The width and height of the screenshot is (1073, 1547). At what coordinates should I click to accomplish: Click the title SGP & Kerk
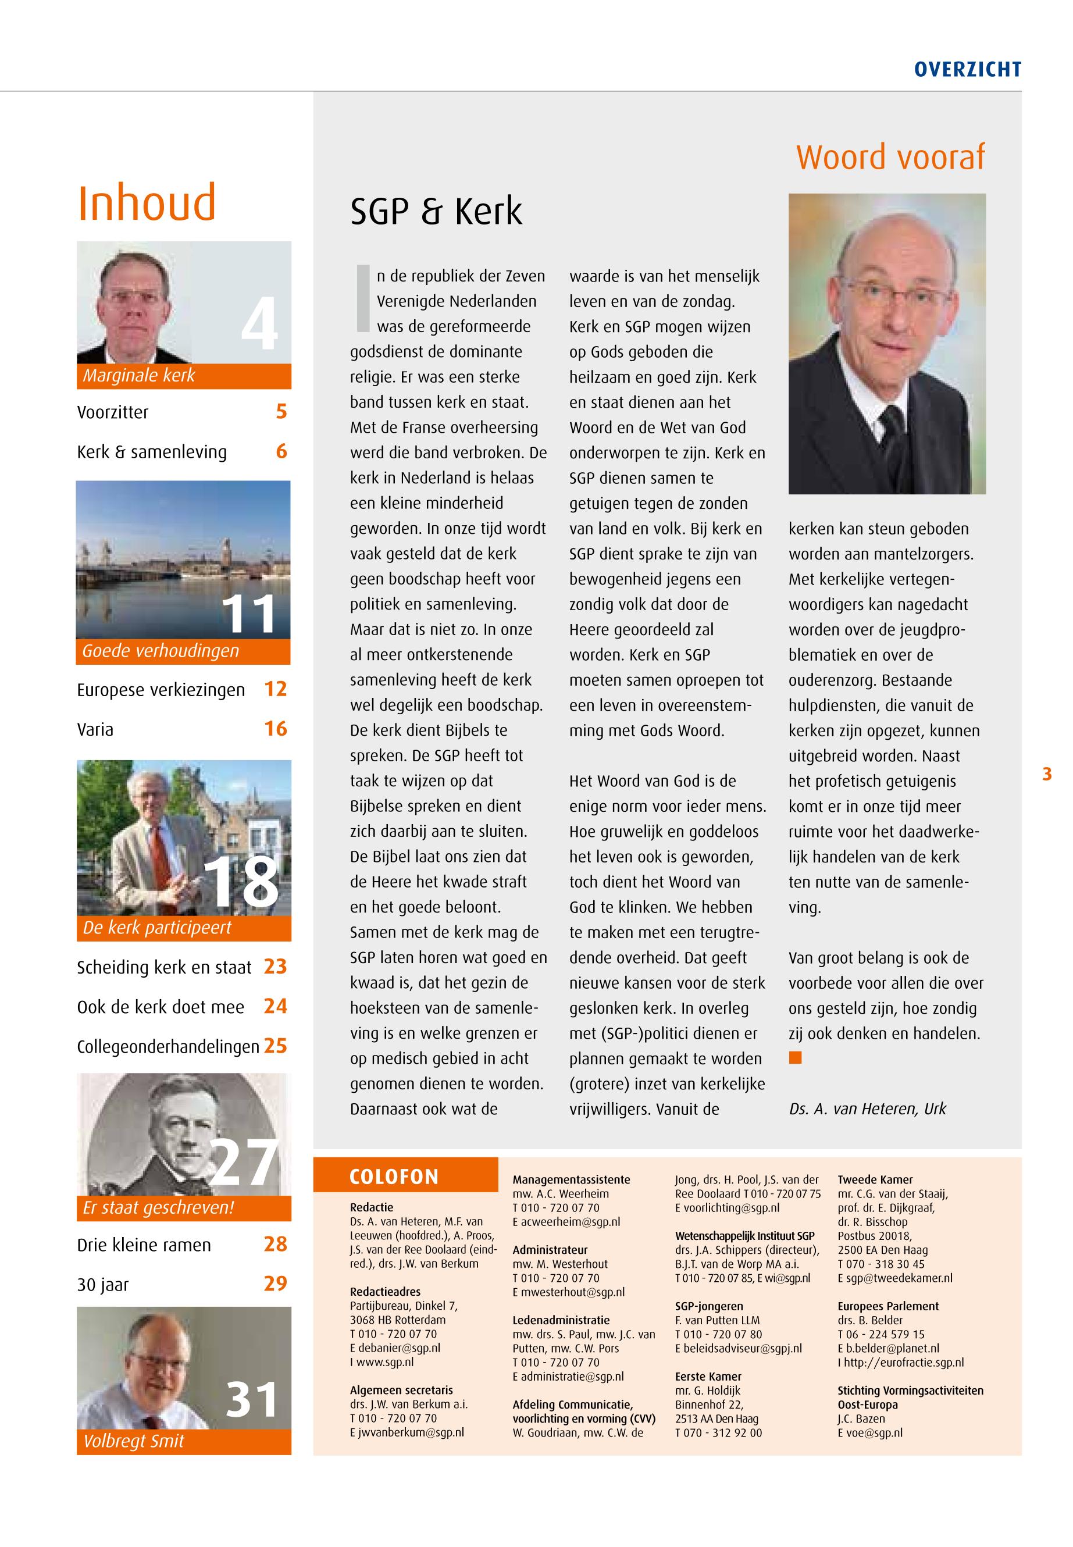click(x=436, y=212)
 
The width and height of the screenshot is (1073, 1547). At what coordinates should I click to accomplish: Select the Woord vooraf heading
click(x=890, y=158)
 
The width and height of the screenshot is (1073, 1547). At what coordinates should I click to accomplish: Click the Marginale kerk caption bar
click(x=184, y=376)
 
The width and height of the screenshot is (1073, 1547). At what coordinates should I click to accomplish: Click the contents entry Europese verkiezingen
click(x=161, y=690)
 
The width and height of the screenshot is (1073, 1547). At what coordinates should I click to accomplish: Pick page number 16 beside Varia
click(x=276, y=729)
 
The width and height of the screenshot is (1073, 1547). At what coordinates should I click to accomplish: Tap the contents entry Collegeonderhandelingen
click(x=167, y=1047)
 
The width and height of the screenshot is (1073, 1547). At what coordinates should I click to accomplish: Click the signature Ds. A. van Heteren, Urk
click(x=867, y=1109)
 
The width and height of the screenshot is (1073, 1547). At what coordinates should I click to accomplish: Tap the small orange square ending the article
click(x=796, y=1058)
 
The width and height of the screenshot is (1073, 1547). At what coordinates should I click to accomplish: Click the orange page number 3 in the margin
click(x=1047, y=775)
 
